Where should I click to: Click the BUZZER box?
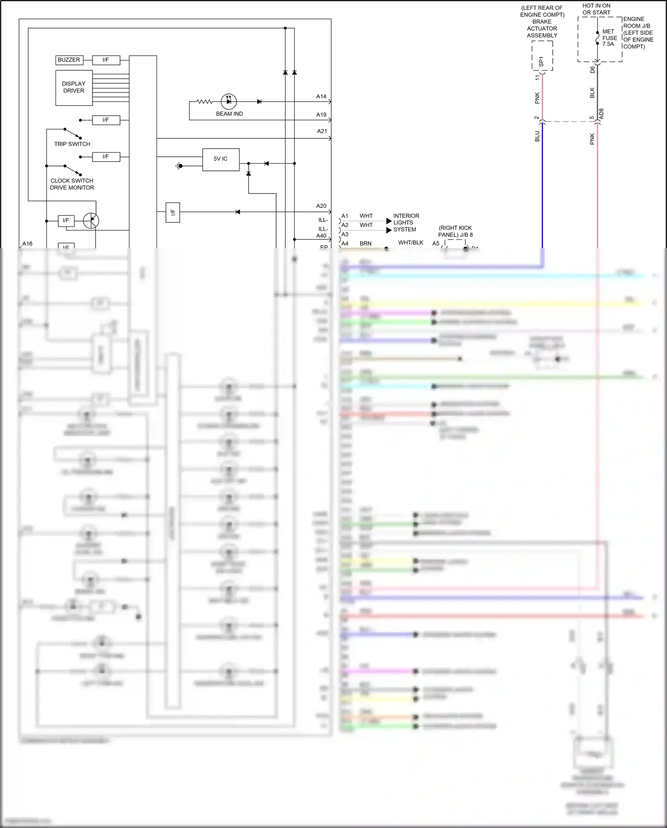click(x=69, y=60)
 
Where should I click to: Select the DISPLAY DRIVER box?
click(x=74, y=88)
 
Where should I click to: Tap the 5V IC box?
click(x=221, y=159)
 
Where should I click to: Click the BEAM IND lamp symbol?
click(x=229, y=102)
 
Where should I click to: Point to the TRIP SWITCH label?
click(x=72, y=144)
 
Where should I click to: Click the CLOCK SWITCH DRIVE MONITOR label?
click(x=72, y=184)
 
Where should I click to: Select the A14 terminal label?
click(x=321, y=97)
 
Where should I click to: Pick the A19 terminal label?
click(x=321, y=115)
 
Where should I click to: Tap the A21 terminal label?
click(x=322, y=131)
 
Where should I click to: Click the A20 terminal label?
click(x=321, y=206)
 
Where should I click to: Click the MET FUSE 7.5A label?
click(x=609, y=38)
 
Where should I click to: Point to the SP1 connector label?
click(x=541, y=61)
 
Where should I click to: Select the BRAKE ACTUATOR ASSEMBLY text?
click(x=542, y=28)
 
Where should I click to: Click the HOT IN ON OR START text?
click(x=596, y=9)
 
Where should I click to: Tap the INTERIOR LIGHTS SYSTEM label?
click(x=406, y=222)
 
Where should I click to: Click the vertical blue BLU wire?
click(x=542, y=191)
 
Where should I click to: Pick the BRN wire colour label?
click(x=366, y=244)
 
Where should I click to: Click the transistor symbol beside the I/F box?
click(x=91, y=221)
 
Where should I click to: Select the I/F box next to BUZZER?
click(x=106, y=60)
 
